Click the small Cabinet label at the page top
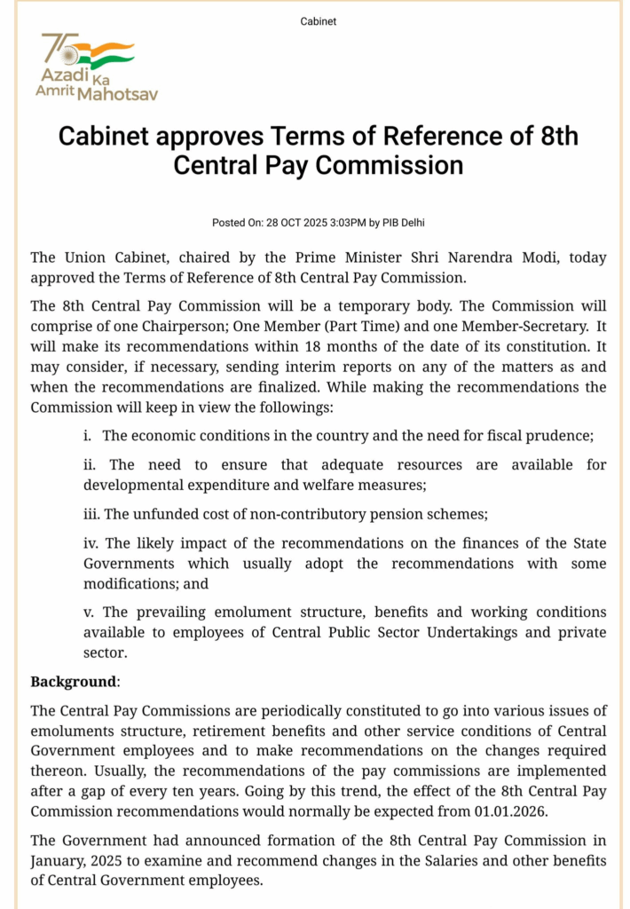319,21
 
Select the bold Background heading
74,682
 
